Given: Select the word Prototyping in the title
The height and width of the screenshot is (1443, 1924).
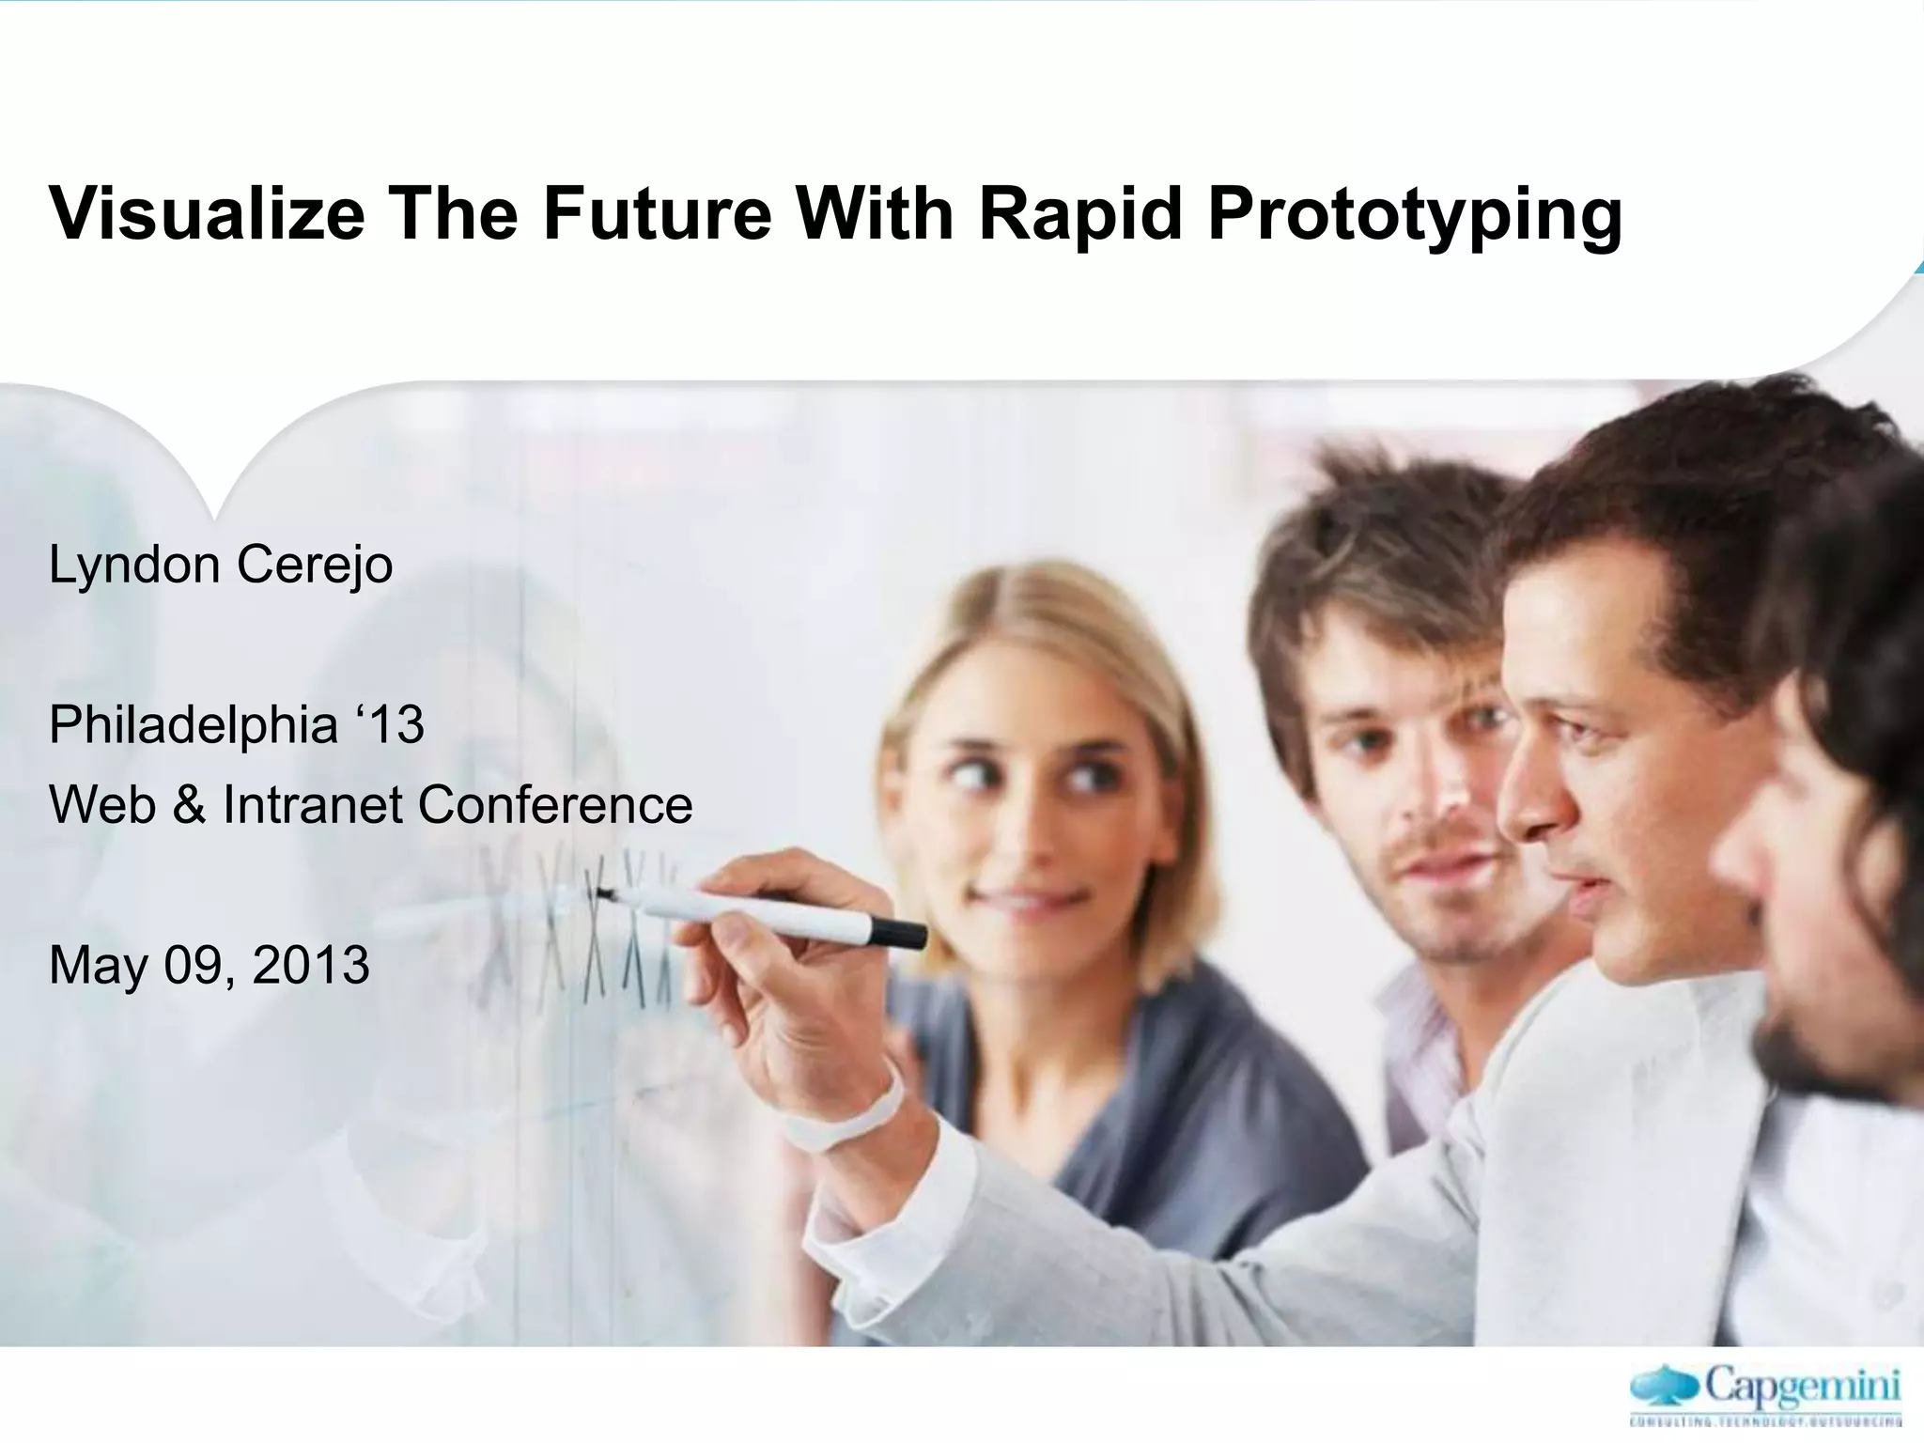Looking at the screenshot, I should [x=1414, y=214].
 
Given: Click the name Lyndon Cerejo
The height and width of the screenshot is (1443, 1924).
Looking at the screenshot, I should [x=221, y=565].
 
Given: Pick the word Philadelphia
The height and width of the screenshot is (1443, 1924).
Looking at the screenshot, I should [x=193, y=725].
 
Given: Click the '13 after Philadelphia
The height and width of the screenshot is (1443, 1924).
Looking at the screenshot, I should [x=391, y=725].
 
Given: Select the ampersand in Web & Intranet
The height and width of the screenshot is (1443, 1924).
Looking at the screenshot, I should [x=189, y=805].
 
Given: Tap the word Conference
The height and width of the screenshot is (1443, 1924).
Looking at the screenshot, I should [x=554, y=805].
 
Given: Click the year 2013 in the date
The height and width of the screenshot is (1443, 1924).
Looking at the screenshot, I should [x=311, y=965].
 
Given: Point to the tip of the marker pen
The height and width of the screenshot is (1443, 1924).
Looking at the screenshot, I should [x=600, y=893].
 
